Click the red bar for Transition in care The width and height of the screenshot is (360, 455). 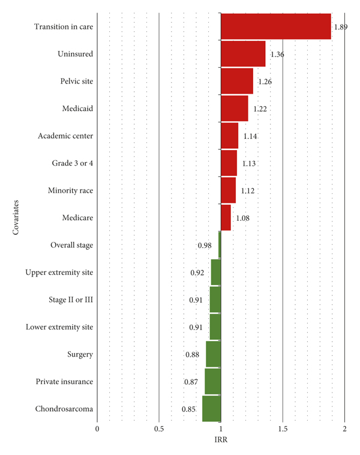point(276,26)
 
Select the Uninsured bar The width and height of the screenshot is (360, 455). point(243,54)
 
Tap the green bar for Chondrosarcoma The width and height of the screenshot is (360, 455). point(211,409)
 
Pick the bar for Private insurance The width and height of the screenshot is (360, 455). point(212,381)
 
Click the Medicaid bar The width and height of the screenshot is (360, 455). point(235,109)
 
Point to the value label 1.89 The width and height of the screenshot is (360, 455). point(341,27)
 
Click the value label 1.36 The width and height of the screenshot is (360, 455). point(277,55)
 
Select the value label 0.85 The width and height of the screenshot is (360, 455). point(188,409)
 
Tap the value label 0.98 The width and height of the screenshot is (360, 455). point(205,246)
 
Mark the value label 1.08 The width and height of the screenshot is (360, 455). point(242,218)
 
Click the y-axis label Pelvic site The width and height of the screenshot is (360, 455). point(77,81)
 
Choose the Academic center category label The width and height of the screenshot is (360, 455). point(65,136)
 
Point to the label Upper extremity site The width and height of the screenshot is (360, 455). point(59,273)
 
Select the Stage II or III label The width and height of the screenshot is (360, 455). point(71,300)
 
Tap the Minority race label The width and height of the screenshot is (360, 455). point(70,190)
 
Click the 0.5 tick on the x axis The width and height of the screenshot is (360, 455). point(159,429)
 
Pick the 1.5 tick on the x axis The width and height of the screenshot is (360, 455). point(283,429)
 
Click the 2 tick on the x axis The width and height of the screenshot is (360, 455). point(344,429)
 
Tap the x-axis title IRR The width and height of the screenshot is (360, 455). point(221,440)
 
